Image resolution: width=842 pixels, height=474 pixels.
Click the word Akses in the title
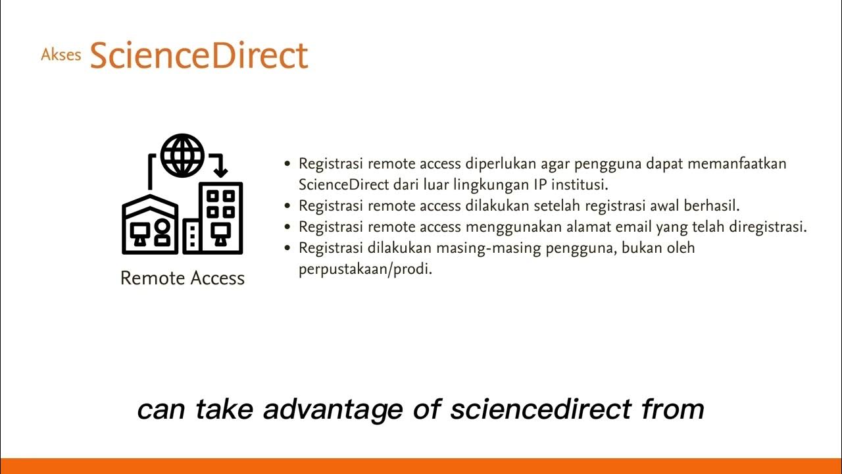(61, 55)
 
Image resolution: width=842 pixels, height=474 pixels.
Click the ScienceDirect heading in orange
(199, 55)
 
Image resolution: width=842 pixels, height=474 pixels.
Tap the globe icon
(182, 155)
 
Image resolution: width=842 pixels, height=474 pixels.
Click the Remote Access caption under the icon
(182, 278)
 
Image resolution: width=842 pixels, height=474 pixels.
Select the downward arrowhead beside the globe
(220, 171)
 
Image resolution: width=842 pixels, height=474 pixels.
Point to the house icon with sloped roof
(150, 224)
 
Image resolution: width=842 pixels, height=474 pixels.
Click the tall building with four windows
(221, 217)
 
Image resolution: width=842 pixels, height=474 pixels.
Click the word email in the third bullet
(616, 226)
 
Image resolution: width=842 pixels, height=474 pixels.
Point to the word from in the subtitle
(673, 409)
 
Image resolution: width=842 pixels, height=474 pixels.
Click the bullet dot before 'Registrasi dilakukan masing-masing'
(287, 248)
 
